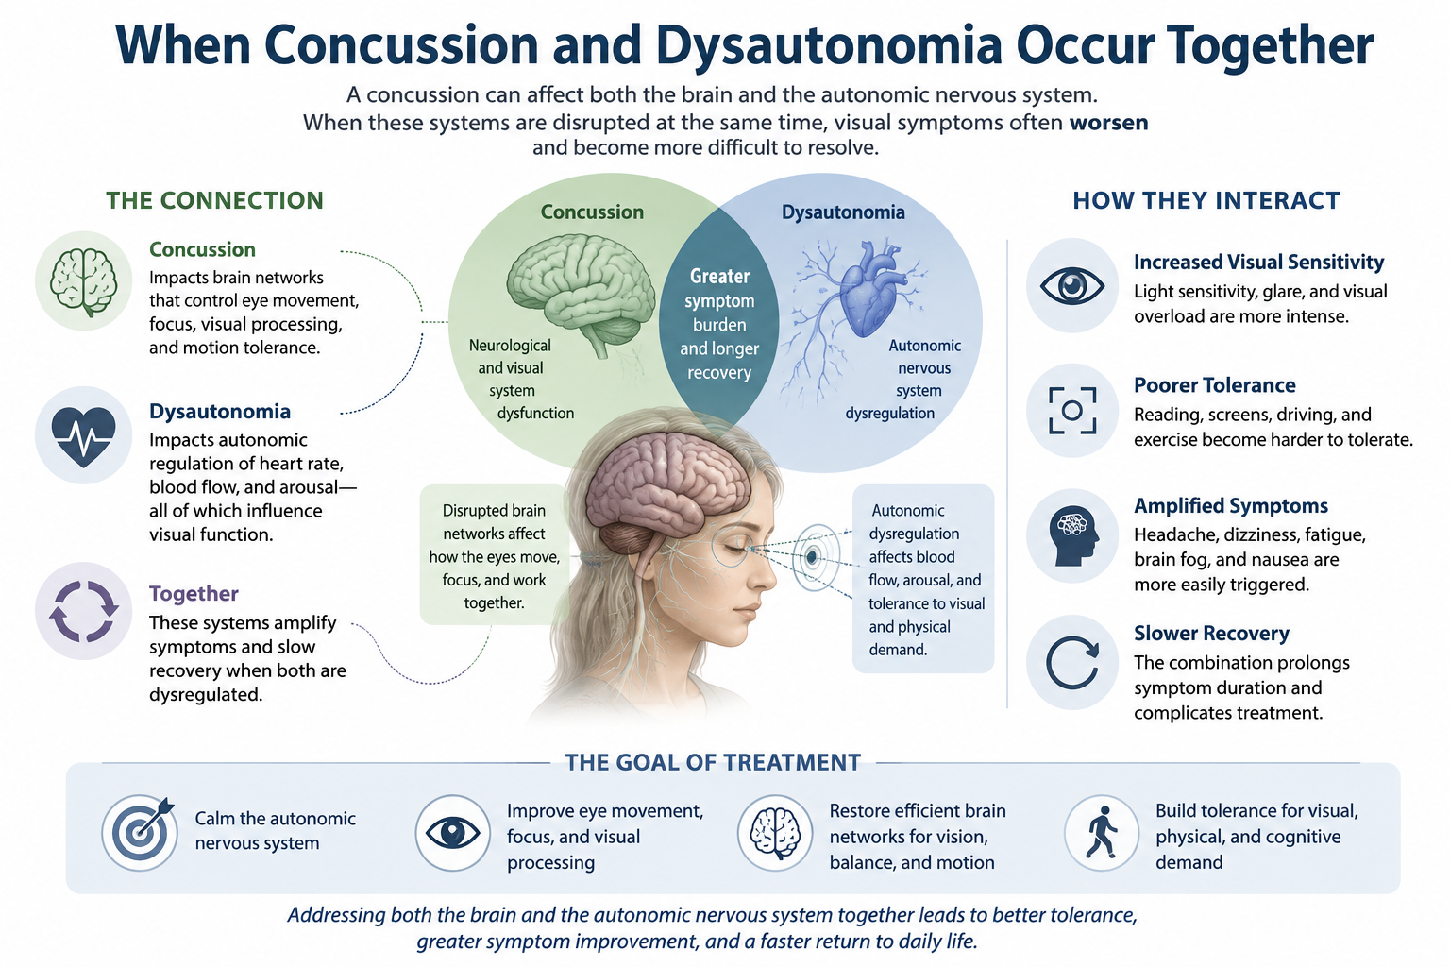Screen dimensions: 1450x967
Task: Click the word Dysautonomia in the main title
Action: pos(829,45)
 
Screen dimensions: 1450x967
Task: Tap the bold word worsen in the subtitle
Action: pos(1109,123)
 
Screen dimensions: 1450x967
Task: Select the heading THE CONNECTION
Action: pos(215,201)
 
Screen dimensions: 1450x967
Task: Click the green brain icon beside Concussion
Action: pos(83,281)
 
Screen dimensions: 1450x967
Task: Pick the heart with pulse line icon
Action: pos(83,436)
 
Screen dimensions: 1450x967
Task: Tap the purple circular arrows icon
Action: pos(83,611)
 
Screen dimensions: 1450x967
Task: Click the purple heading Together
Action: pos(194,593)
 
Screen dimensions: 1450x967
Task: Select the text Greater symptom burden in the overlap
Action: pos(720,300)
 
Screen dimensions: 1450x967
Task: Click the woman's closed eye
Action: pos(736,548)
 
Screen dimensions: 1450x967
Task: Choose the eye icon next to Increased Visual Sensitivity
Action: pos(1072,285)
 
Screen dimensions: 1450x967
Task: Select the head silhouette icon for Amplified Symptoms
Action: pos(1073,536)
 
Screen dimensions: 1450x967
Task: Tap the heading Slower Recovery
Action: pos(1211,633)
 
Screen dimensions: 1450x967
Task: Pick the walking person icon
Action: pos(1102,833)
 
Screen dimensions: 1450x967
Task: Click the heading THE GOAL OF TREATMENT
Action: pos(713,762)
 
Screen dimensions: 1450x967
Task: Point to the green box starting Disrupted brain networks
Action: pos(494,555)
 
